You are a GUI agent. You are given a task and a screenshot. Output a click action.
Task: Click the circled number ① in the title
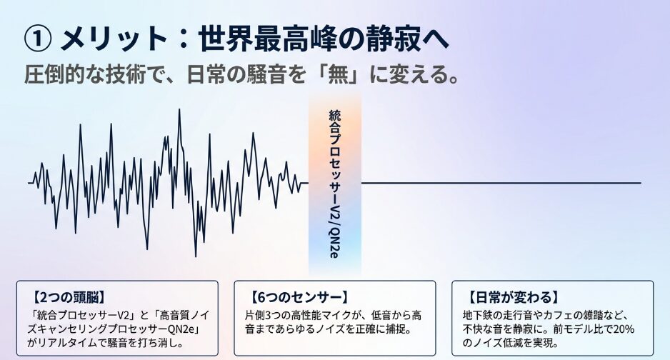click(x=39, y=39)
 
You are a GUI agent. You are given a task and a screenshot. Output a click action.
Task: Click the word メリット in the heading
click(x=114, y=39)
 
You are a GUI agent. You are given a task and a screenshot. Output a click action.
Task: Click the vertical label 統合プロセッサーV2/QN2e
click(x=334, y=184)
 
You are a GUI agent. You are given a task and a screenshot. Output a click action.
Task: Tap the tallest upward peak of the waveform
click(x=179, y=110)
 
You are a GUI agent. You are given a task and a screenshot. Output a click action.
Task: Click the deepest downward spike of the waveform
click(x=196, y=256)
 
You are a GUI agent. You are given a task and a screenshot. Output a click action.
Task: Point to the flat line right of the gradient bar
click(x=501, y=183)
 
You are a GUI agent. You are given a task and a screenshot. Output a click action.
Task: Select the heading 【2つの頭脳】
click(x=69, y=297)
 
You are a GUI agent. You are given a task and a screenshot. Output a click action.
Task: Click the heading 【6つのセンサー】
click(x=299, y=297)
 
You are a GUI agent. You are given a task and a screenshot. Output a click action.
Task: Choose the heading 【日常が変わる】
click(x=513, y=297)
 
